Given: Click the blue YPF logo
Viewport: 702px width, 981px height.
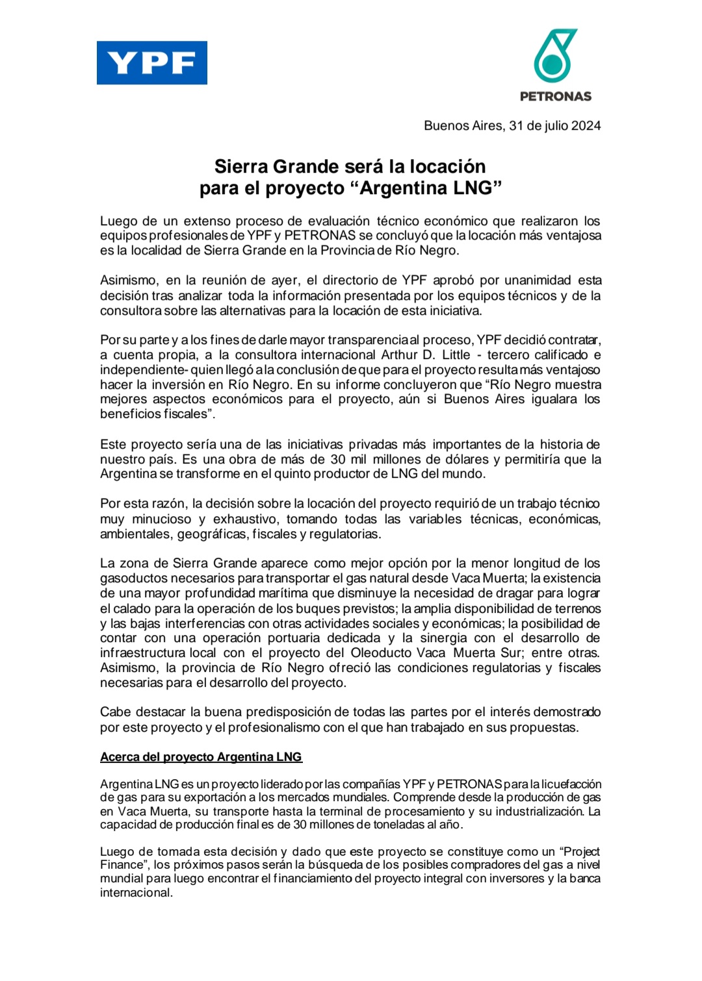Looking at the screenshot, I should coord(152,63).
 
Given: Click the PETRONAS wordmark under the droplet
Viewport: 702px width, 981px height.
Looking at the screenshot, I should coord(555,96).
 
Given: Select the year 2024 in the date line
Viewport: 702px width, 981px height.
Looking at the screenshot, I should coord(586,126).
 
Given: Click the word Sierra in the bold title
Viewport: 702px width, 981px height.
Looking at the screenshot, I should coord(241,167).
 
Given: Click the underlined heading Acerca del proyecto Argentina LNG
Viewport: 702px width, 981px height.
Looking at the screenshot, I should coord(201,757).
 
